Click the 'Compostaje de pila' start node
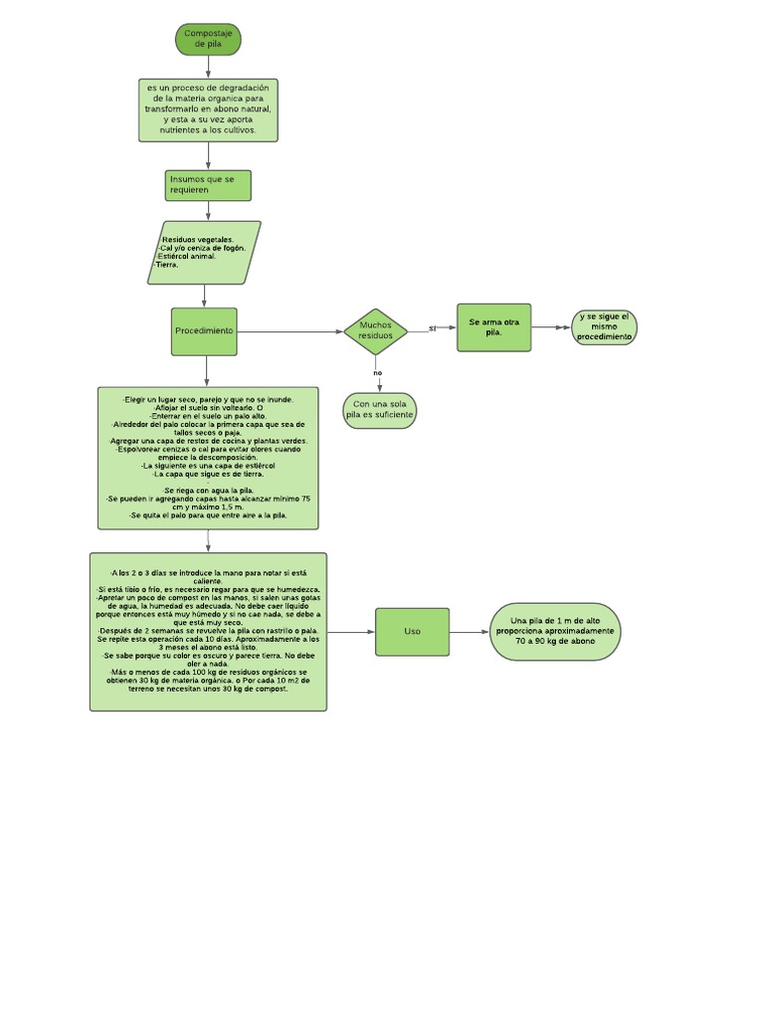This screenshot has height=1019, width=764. [208, 40]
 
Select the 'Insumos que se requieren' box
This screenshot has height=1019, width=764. [208, 185]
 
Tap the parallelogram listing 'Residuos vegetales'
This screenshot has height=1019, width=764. [204, 253]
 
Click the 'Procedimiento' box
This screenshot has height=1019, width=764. [204, 331]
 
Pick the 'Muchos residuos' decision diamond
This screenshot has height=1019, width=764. [376, 331]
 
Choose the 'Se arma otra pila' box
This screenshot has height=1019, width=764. [493, 327]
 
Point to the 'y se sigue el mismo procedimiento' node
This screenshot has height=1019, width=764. [604, 327]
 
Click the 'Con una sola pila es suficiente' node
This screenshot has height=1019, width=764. [379, 410]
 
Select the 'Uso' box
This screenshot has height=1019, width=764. [412, 632]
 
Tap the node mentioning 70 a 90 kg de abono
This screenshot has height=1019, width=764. [555, 632]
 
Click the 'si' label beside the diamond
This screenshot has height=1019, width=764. [432, 327]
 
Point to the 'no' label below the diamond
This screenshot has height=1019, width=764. [378, 373]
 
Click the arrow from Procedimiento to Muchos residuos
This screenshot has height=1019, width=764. [288, 331]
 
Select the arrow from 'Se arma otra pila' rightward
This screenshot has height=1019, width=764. [551, 327]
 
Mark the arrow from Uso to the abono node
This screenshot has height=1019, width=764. [469, 632]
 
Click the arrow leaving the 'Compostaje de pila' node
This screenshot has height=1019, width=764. [208, 67]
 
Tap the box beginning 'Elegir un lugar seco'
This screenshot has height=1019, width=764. [208, 458]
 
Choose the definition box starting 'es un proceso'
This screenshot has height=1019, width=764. [208, 109]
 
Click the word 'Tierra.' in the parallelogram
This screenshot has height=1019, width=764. [167, 266]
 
